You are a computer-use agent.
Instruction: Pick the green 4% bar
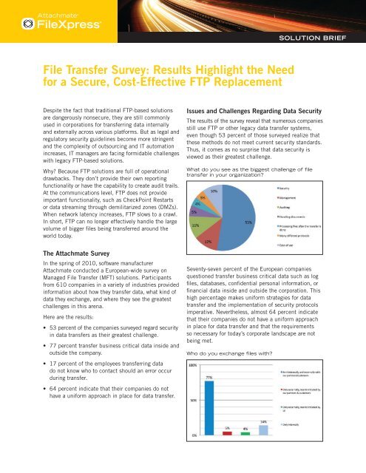pyautogui.click(x=245, y=452)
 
